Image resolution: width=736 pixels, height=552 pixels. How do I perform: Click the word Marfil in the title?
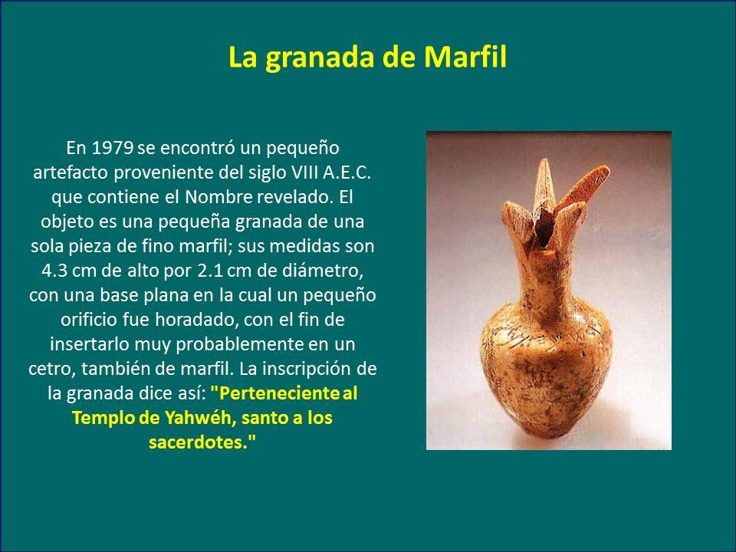click(465, 58)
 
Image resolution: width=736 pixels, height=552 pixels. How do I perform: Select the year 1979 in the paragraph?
click(112, 148)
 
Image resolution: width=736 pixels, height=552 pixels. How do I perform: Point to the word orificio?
click(89, 320)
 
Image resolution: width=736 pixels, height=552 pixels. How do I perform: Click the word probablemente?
click(239, 344)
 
